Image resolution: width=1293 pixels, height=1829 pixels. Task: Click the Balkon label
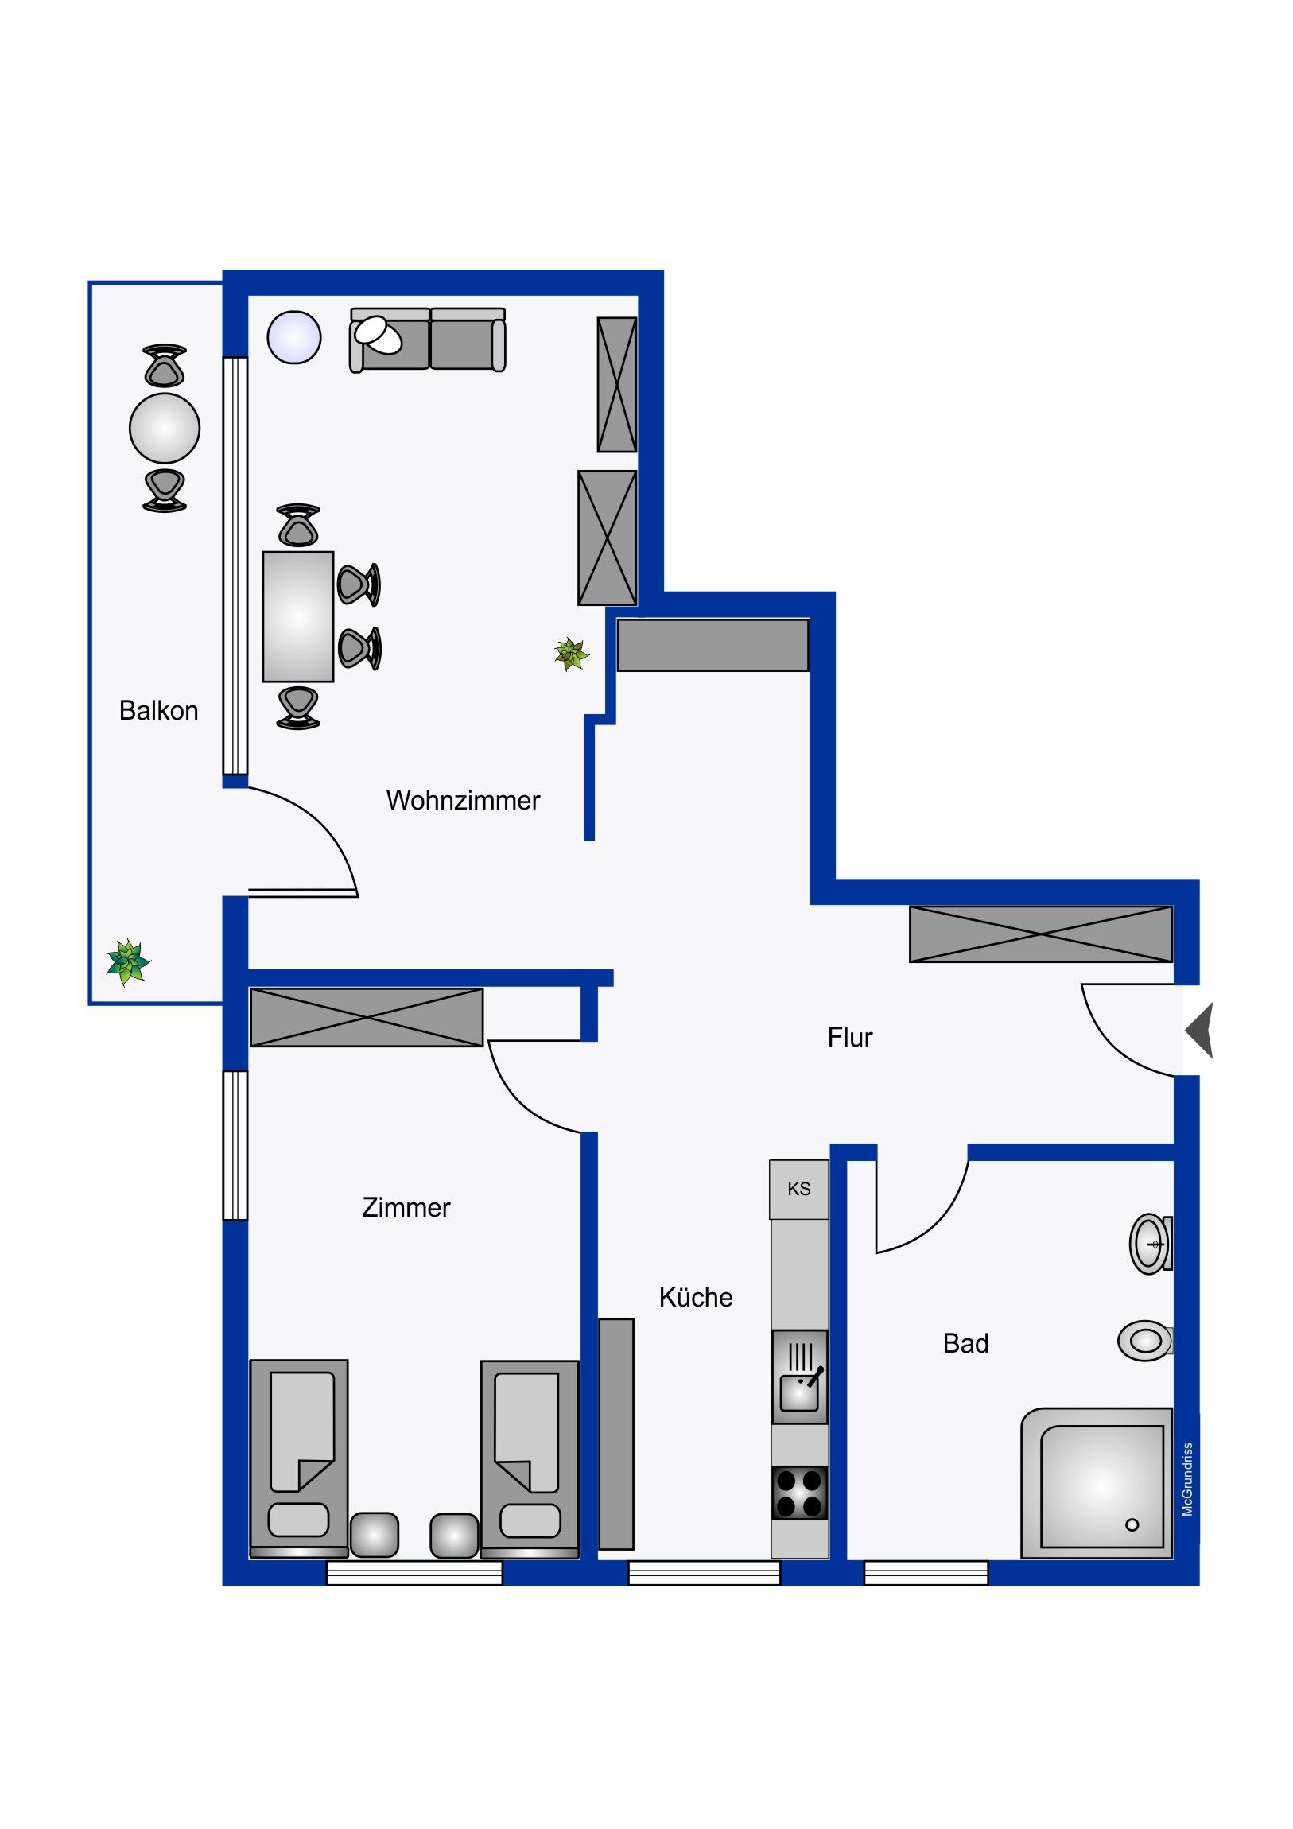[158, 711]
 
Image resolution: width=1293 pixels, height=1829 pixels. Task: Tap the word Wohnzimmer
[463, 800]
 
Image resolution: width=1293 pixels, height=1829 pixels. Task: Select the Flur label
[850, 1037]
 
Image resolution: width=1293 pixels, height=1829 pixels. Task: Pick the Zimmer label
[406, 1207]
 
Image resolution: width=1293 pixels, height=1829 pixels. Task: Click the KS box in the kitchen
[798, 1189]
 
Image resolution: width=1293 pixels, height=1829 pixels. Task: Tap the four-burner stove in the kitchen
[800, 1493]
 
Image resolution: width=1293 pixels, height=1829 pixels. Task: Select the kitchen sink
[800, 1377]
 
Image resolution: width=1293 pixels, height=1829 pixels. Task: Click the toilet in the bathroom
[1146, 1342]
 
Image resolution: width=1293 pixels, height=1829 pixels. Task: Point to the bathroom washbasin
[1151, 1244]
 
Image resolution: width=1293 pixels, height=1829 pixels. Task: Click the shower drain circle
[1132, 1524]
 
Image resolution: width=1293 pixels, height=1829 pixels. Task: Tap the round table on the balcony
[165, 428]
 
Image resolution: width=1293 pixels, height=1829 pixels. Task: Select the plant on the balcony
[128, 962]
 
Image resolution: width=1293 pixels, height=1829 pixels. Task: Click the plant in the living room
[571, 654]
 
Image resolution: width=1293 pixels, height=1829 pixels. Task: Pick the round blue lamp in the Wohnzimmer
[294, 337]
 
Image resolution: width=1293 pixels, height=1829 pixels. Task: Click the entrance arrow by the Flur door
[1199, 1030]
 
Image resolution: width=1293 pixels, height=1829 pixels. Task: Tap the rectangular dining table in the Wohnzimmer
[298, 616]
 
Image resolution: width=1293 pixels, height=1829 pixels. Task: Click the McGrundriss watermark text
[1187, 1479]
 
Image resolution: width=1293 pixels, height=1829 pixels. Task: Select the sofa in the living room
[428, 340]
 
